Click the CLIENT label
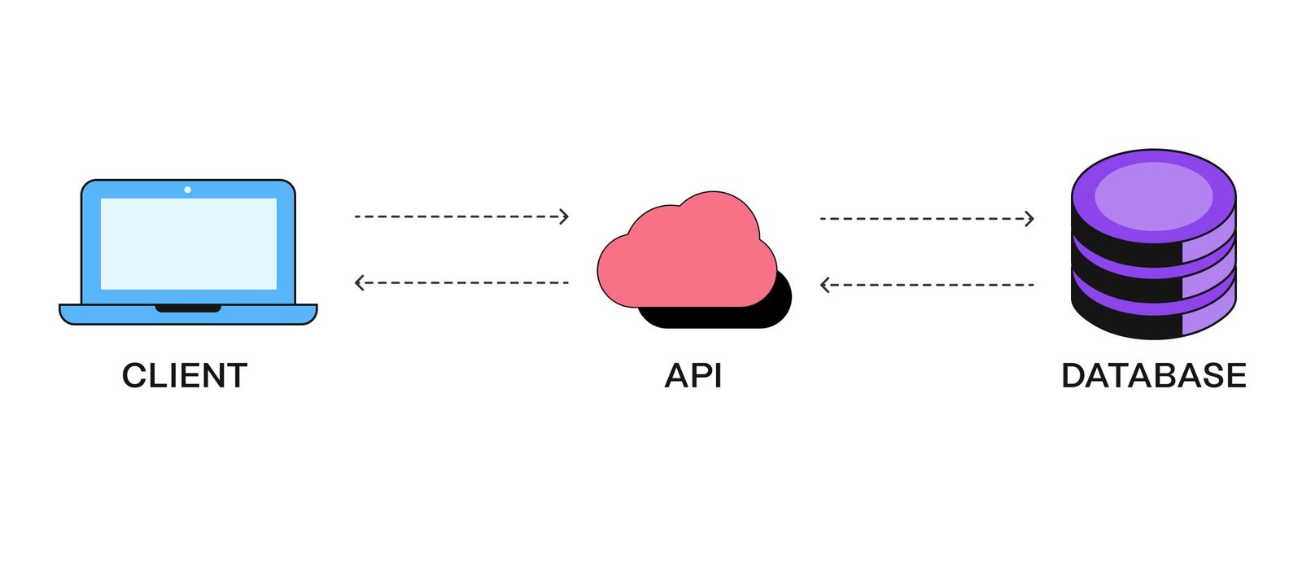185,376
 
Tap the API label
693,376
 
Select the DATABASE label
1153,376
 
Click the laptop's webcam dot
188,190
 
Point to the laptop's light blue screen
188,243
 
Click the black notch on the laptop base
188,308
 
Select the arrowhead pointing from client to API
564,216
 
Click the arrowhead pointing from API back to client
360,282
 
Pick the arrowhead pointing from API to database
1029,218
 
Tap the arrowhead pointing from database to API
825,285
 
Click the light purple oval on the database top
1153,195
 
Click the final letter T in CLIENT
237,376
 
